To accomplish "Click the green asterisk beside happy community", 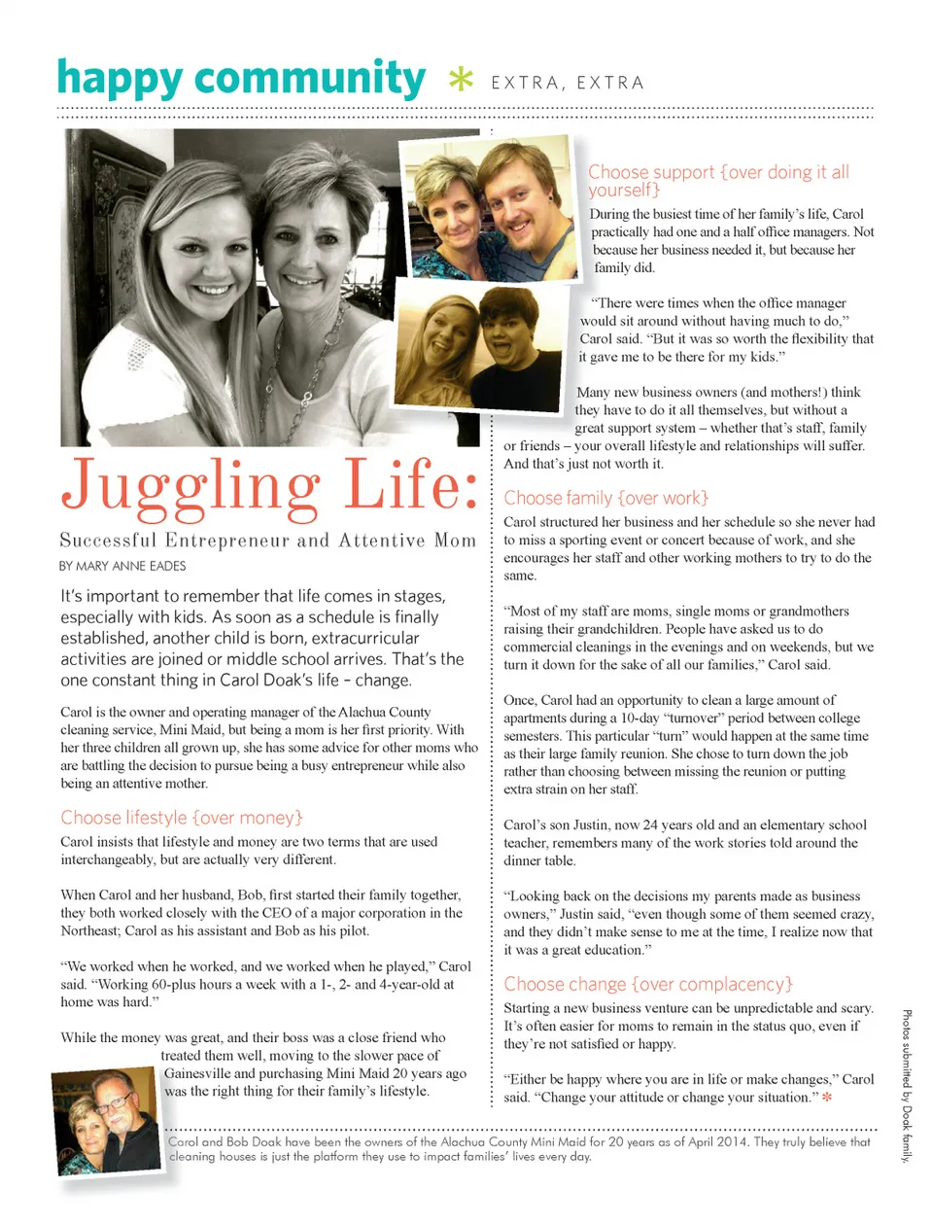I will pyautogui.click(x=461, y=79).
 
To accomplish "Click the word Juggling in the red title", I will pyautogui.click(x=191, y=485).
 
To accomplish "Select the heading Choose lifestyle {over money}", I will pyautogui.click(x=182, y=818).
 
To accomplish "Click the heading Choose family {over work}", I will pyautogui.click(x=605, y=498).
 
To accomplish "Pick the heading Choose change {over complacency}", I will pyautogui.click(x=648, y=984).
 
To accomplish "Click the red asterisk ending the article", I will pyautogui.click(x=827, y=1099).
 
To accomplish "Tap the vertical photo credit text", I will pyautogui.click(x=906, y=1085).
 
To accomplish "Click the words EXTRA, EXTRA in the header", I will pyautogui.click(x=568, y=84).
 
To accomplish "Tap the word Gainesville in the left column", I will pyautogui.click(x=198, y=1073).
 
